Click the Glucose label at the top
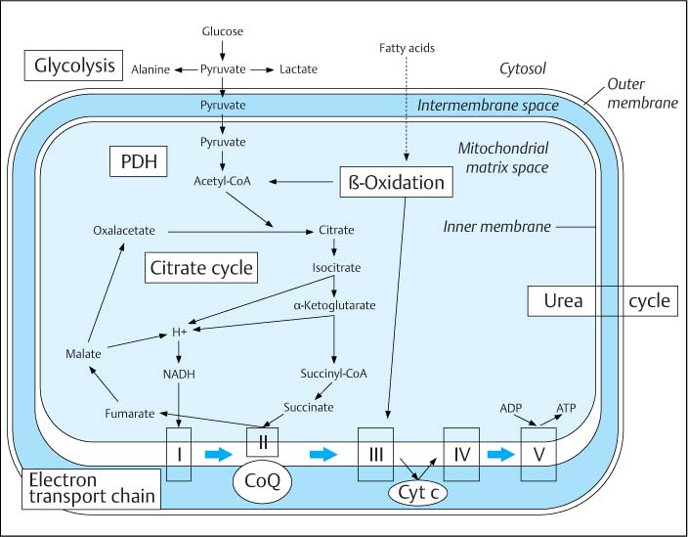tap(224, 32)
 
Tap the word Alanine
tap(151, 69)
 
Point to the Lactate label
tap(298, 69)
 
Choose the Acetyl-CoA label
tap(224, 182)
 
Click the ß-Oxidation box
tap(396, 182)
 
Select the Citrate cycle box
tap(201, 267)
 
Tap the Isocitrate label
tap(336, 267)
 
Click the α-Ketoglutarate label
tap(334, 305)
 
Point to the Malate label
tap(82, 352)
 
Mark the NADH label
tap(180, 373)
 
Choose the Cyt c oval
tap(418, 493)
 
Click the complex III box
tap(375, 454)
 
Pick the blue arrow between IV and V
tap(499, 454)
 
